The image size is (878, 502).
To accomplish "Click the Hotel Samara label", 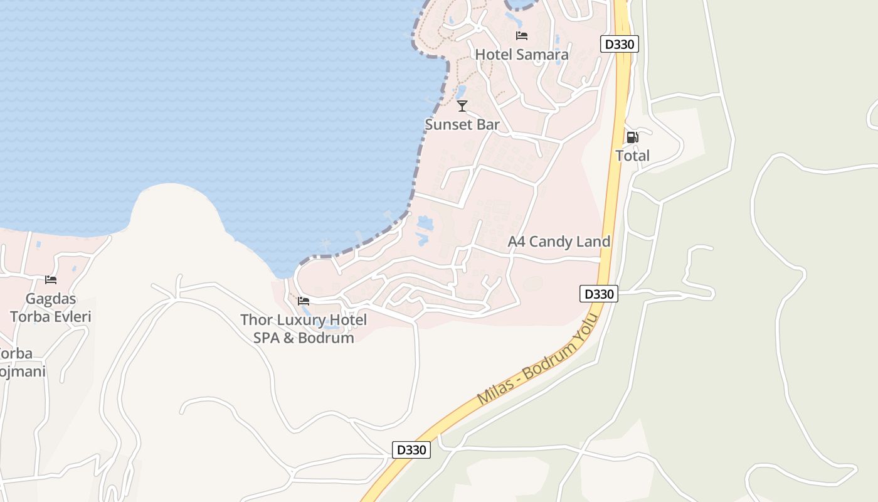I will pos(522,55).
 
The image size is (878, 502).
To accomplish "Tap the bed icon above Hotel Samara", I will pos(522,35).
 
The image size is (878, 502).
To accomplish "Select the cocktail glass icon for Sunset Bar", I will pos(462,105).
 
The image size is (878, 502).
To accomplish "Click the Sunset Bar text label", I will pos(462,124).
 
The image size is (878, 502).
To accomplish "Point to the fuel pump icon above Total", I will pos(632,137).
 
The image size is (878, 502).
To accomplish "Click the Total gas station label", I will pos(632,156).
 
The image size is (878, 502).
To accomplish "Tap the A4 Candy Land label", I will pos(559,242).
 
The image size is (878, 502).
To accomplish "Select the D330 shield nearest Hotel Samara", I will pos(619,44).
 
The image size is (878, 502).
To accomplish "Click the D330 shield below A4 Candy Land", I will pos(598,294).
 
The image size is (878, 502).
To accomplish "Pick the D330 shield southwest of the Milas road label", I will pos(411,449).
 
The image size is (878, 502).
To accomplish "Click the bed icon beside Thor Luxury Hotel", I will pos(304,301).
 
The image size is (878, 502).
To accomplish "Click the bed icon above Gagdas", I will pos(51,280).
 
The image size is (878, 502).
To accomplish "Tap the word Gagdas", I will pos(51,298).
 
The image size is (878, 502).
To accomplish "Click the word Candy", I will pos(551,242).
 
